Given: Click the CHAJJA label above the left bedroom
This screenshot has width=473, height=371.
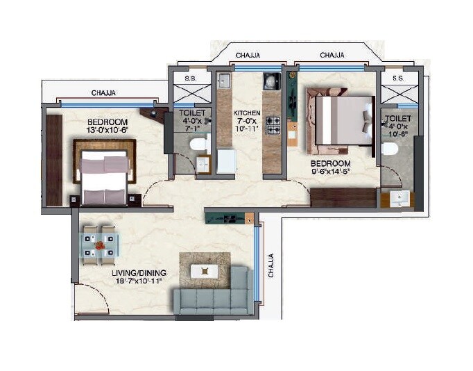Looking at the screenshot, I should click(103, 92).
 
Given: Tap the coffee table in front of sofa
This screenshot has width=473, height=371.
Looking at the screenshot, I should click(205, 269).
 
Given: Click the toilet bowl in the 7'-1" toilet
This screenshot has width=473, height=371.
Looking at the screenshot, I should click(199, 145).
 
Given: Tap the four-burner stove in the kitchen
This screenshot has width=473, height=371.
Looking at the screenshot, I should click(273, 124).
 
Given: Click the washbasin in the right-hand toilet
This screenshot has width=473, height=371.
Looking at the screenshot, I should click(397, 199).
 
